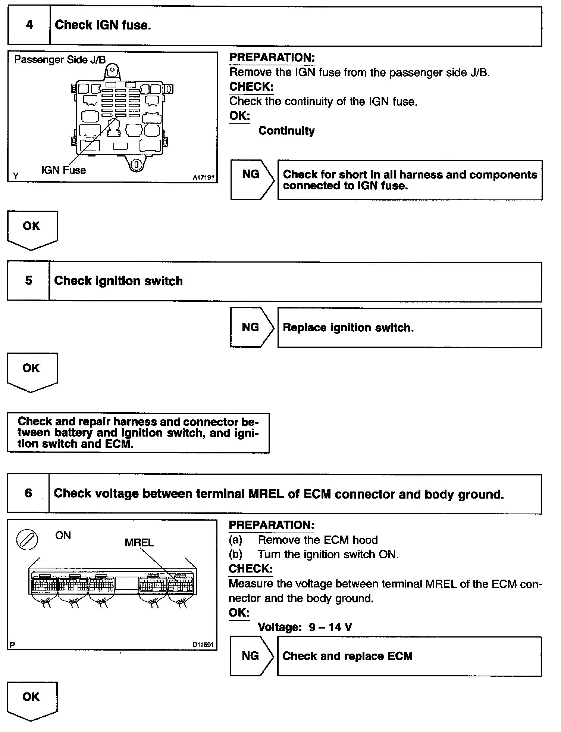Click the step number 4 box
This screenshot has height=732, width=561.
[x=29, y=25]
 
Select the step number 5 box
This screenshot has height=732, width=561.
[x=28, y=281]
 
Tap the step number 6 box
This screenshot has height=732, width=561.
[x=28, y=493]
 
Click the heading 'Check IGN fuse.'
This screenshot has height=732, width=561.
[x=103, y=25]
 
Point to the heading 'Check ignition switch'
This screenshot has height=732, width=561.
[x=118, y=281]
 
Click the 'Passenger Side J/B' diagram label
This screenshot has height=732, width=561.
[x=60, y=60]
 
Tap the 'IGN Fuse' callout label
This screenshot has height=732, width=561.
[x=63, y=170]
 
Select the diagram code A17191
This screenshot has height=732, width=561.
[x=203, y=178]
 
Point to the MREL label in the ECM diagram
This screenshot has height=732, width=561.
[x=139, y=542]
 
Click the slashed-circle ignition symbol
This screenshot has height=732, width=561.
[x=27, y=540]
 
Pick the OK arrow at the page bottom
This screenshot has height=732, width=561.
[x=32, y=700]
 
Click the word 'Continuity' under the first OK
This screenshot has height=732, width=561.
[x=286, y=131]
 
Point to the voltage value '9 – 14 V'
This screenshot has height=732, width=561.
[x=330, y=627]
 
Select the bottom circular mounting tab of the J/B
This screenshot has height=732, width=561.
[x=137, y=164]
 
